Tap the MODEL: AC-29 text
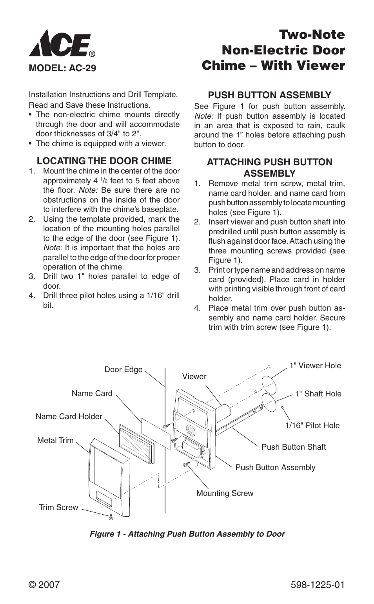(62, 68)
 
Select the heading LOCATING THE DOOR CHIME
(104, 161)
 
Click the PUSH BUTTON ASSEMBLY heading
(269, 95)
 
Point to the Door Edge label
(123, 370)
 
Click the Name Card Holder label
(69, 416)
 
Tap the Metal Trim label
(55, 440)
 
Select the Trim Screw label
(58, 507)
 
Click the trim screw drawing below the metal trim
(111, 517)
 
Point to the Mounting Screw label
(225, 493)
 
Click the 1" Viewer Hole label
(315, 365)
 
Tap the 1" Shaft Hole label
(318, 394)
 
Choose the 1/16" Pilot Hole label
(312, 425)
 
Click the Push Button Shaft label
(293, 447)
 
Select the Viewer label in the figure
(194, 376)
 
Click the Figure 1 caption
(187, 534)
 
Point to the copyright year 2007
(44, 585)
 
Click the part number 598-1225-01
(318, 585)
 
